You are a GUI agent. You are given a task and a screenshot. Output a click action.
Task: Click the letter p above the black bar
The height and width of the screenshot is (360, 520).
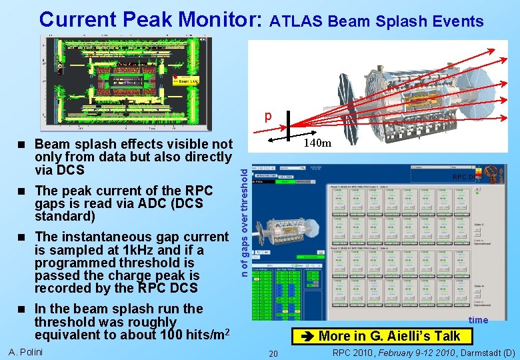(268, 117)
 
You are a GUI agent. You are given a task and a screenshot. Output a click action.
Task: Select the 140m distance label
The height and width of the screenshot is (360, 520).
(317, 143)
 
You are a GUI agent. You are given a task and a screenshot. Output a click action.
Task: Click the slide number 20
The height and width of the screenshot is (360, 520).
(273, 353)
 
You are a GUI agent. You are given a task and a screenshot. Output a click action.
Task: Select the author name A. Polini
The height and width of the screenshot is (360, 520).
(26, 352)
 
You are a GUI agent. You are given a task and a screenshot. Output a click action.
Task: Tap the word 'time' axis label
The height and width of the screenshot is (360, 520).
(478, 320)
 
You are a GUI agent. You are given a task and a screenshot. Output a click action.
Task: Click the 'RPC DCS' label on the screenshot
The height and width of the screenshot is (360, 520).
(466, 177)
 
